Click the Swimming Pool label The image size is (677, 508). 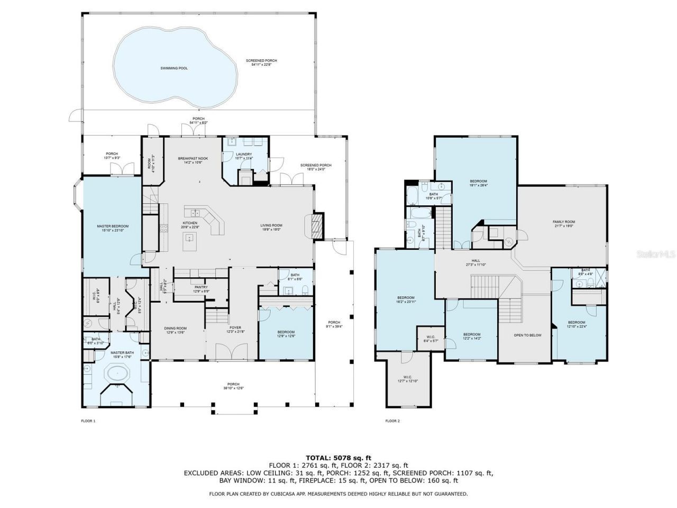click(x=174, y=68)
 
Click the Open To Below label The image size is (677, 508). click(x=527, y=335)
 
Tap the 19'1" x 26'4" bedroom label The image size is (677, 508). click(x=478, y=183)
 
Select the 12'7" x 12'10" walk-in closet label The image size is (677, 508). click(x=407, y=380)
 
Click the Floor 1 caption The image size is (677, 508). click(x=88, y=421)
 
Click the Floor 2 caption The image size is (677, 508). click(x=392, y=421)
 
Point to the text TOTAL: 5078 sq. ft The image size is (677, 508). click(x=338, y=458)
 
